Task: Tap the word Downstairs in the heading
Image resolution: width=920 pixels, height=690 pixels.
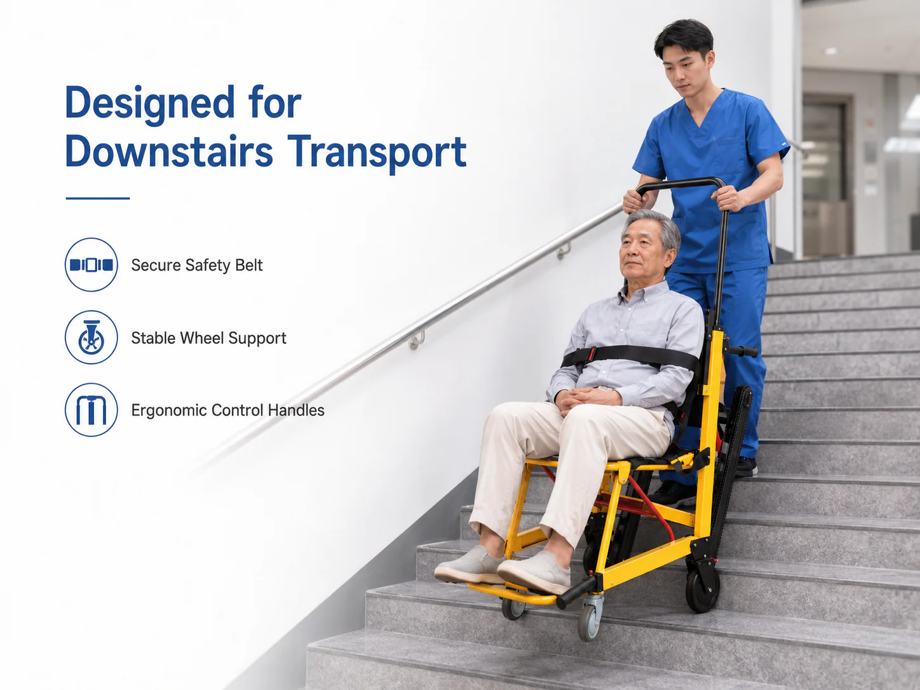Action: point(169,152)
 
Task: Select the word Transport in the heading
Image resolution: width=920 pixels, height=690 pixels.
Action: point(377,154)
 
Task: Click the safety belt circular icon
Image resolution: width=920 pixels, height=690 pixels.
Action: point(91,265)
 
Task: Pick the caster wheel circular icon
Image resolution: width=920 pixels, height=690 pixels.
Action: point(91,337)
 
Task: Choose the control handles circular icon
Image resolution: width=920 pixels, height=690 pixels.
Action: point(91,410)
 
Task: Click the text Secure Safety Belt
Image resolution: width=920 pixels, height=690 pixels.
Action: point(197,266)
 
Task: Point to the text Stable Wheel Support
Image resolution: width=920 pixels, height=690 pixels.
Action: point(209,338)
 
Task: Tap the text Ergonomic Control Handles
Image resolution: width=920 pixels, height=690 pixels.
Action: point(227,410)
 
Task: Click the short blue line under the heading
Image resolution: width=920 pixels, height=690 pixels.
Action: point(98,198)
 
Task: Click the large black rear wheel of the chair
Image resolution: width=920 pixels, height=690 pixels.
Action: point(703,589)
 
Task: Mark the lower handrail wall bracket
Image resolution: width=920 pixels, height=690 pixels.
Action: point(417,340)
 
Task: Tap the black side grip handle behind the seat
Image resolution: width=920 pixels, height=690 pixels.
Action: point(743,351)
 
